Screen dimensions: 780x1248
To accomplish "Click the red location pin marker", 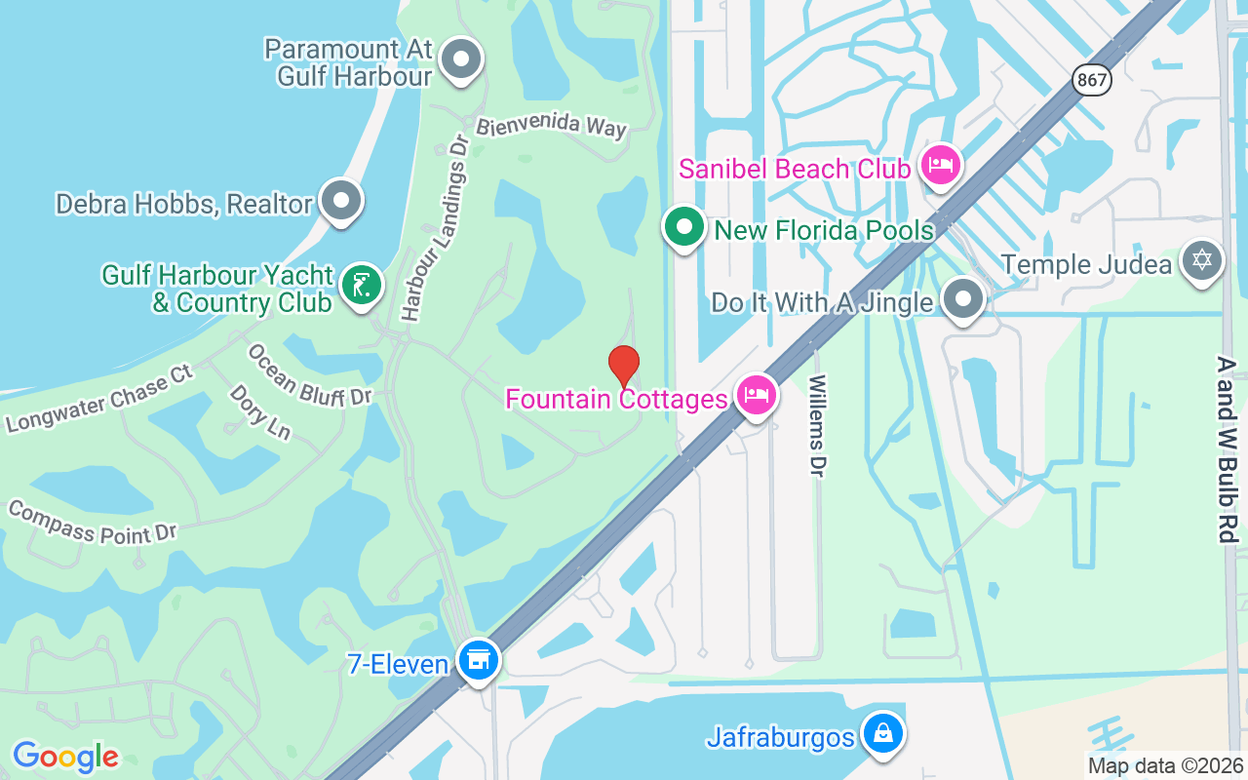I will click(624, 366).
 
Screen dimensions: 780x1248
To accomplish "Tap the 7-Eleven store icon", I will click(478, 661).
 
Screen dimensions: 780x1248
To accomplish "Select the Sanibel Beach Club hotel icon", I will click(939, 165).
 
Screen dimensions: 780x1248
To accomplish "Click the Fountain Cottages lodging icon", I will click(757, 395).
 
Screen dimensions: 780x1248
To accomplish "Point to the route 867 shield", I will click(1093, 80).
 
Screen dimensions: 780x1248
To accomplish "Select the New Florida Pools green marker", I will click(684, 227).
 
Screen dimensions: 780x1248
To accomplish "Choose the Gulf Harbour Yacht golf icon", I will click(362, 286).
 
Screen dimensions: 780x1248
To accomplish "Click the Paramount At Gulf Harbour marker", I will click(461, 60).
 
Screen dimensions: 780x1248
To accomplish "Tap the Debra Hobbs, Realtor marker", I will click(340, 201).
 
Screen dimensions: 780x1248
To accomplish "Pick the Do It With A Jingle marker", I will click(963, 299).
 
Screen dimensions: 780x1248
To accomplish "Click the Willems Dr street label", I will click(817, 425).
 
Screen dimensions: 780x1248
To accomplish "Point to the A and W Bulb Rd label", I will click(1227, 448).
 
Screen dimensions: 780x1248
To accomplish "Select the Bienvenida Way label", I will click(551, 126).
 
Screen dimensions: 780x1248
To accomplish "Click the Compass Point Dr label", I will click(92, 523).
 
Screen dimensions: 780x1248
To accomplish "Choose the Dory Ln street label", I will click(259, 410).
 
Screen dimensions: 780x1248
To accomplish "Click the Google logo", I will click(65, 757).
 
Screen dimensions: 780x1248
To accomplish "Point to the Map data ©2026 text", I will click(1165, 766).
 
